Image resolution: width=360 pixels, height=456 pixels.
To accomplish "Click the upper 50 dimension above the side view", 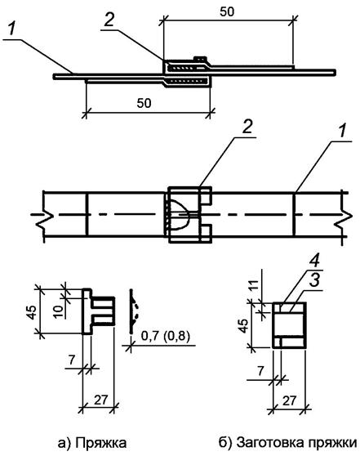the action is pyautogui.click(x=227, y=11).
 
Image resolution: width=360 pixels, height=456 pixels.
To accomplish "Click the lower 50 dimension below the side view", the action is pyautogui.click(x=144, y=103).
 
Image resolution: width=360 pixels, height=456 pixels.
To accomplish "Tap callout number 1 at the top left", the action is pyautogui.click(x=11, y=29).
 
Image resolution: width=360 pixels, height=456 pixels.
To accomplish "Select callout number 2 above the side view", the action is pyautogui.click(x=109, y=20).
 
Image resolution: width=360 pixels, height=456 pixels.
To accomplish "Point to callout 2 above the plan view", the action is pyautogui.click(x=247, y=127).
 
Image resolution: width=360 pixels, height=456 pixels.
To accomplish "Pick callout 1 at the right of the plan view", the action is pyautogui.click(x=343, y=131).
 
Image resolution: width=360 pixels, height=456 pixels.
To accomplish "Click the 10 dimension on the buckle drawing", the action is pyautogui.click(x=59, y=311).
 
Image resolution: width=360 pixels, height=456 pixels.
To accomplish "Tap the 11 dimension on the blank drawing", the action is pyautogui.click(x=253, y=285).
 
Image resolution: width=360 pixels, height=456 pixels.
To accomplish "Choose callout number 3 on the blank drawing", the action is pyautogui.click(x=314, y=279).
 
